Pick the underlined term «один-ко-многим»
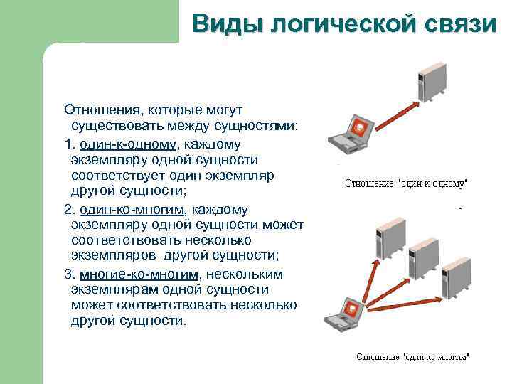click(132, 210)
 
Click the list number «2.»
click(69, 210)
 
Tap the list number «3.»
click(69, 274)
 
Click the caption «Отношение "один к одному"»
click(406, 184)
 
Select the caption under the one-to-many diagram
click(412, 356)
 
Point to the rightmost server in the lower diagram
click(456, 280)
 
